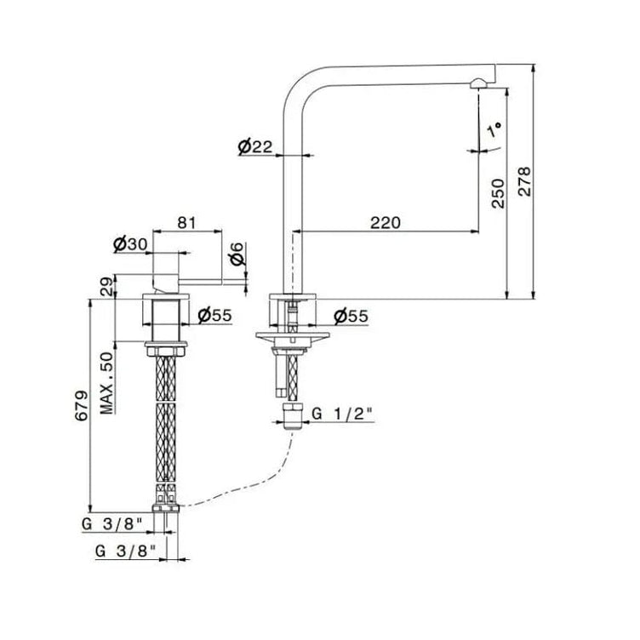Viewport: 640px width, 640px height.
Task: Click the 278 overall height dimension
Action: point(524,181)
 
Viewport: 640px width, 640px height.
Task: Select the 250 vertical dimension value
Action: point(498,193)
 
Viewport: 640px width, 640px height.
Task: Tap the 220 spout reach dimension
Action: point(386,223)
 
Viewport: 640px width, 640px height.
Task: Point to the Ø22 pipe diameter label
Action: point(255,147)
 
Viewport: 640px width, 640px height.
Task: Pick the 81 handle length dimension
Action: point(186,223)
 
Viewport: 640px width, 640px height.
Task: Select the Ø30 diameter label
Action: point(130,244)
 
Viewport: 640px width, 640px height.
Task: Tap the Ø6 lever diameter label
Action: point(237,254)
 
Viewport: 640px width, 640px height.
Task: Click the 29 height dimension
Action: point(106,287)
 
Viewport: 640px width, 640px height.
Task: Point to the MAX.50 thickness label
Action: point(107,383)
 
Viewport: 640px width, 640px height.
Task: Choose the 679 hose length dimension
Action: point(81,406)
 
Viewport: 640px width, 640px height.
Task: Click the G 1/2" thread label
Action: point(342,414)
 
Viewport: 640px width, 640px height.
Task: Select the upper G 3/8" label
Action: point(111,524)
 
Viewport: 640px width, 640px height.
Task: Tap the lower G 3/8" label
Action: point(126,551)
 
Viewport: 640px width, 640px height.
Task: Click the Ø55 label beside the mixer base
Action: point(214,316)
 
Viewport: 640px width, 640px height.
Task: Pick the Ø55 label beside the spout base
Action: point(351,316)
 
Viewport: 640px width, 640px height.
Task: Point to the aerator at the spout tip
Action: point(477,84)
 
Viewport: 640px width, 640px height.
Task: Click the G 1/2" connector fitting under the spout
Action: point(293,415)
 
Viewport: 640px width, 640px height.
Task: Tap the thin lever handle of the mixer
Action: point(200,282)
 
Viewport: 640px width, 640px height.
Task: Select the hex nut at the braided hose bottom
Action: point(166,508)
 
